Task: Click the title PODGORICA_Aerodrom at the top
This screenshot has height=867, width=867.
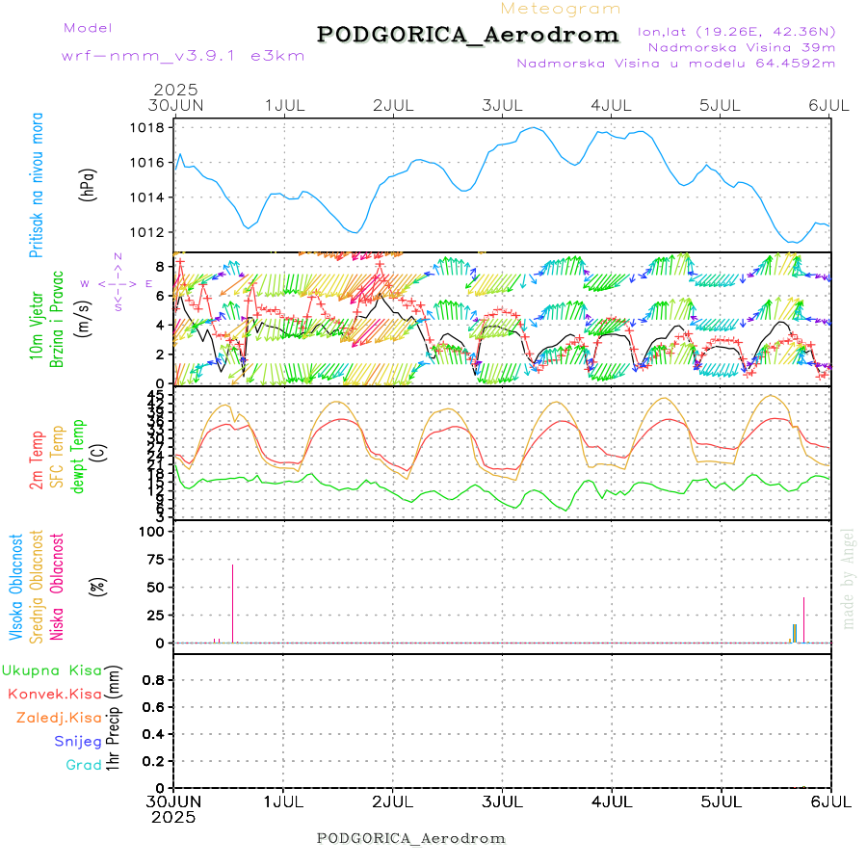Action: click(468, 35)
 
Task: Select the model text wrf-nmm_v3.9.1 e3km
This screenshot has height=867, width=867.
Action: click(183, 56)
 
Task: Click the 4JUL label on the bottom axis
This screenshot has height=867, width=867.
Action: click(612, 801)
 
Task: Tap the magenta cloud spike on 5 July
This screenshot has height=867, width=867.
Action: click(803, 619)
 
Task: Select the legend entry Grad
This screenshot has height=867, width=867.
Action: click(83, 765)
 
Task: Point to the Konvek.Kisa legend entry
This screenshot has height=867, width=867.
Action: click(54, 694)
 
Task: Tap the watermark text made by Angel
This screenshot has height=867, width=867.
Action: click(849, 578)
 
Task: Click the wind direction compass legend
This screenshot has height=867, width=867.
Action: click(117, 284)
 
